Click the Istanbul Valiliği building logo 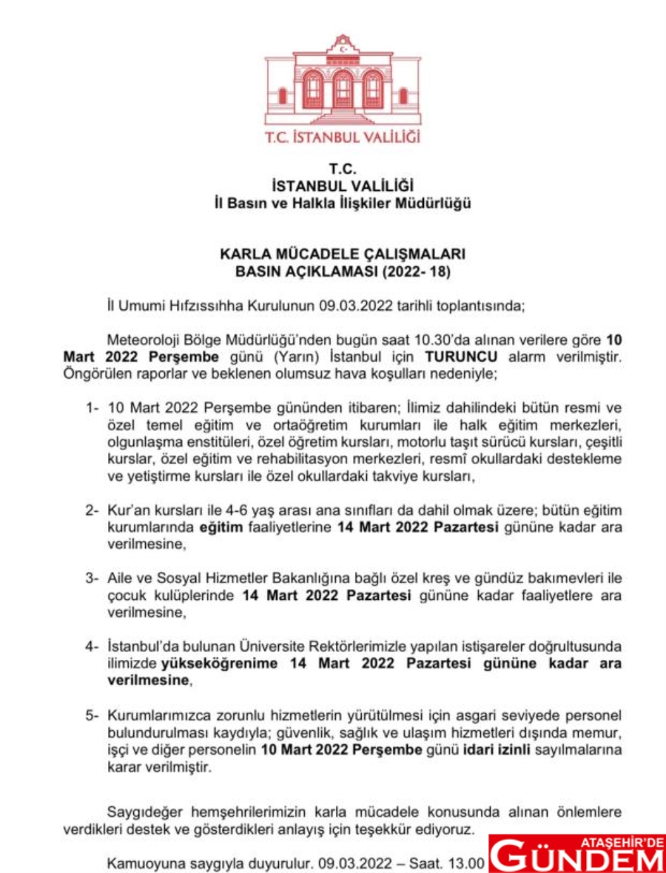click(343, 81)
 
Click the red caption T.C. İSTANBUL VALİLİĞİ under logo click(343, 137)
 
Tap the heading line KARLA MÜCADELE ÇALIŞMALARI click(343, 255)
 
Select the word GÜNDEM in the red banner click(577, 858)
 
